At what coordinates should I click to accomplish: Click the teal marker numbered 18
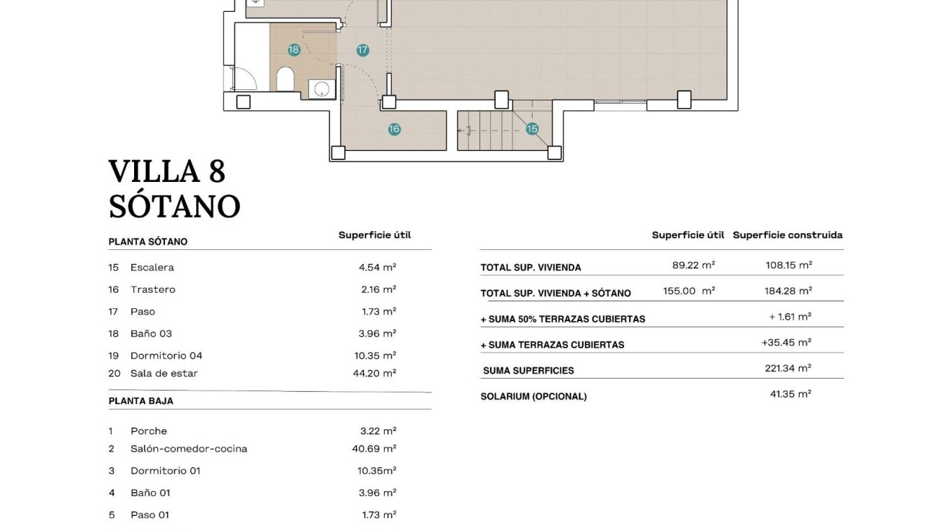pyautogui.click(x=293, y=50)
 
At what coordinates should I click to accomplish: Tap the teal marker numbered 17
pyautogui.click(x=362, y=50)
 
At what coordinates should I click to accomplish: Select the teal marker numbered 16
pyautogui.click(x=394, y=129)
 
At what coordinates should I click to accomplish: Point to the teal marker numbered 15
pyautogui.click(x=531, y=129)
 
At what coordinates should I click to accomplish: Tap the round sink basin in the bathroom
pyautogui.click(x=322, y=88)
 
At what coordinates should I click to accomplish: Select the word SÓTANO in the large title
pyautogui.click(x=174, y=206)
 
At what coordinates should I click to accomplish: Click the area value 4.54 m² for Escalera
pyautogui.click(x=377, y=267)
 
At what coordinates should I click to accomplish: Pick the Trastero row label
pyautogui.click(x=152, y=289)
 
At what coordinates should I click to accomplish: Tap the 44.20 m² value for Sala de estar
pyautogui.click(x=374, y=374)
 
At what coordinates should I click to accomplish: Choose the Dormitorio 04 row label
pyautogui.click(x=166, y=355)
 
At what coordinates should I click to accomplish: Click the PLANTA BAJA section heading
pyautogui.click(x=140, y=401)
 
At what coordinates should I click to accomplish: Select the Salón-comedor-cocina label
pyautogui.click(x=188, y=449)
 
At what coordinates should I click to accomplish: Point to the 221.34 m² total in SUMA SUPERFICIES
pyautogui.click(x=788, y=368)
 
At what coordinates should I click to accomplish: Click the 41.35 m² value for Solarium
pyautogui.click(x=791, y=394)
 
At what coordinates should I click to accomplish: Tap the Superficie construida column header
pyautogui.click(x=787, y=235)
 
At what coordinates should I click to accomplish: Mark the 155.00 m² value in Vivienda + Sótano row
pyautogui.click(x=689, y=291)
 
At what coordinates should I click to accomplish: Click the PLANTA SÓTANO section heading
pyautogui.click(x=147, y=242)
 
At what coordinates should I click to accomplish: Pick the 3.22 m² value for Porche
pyautogui.click(x=378, y=431)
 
